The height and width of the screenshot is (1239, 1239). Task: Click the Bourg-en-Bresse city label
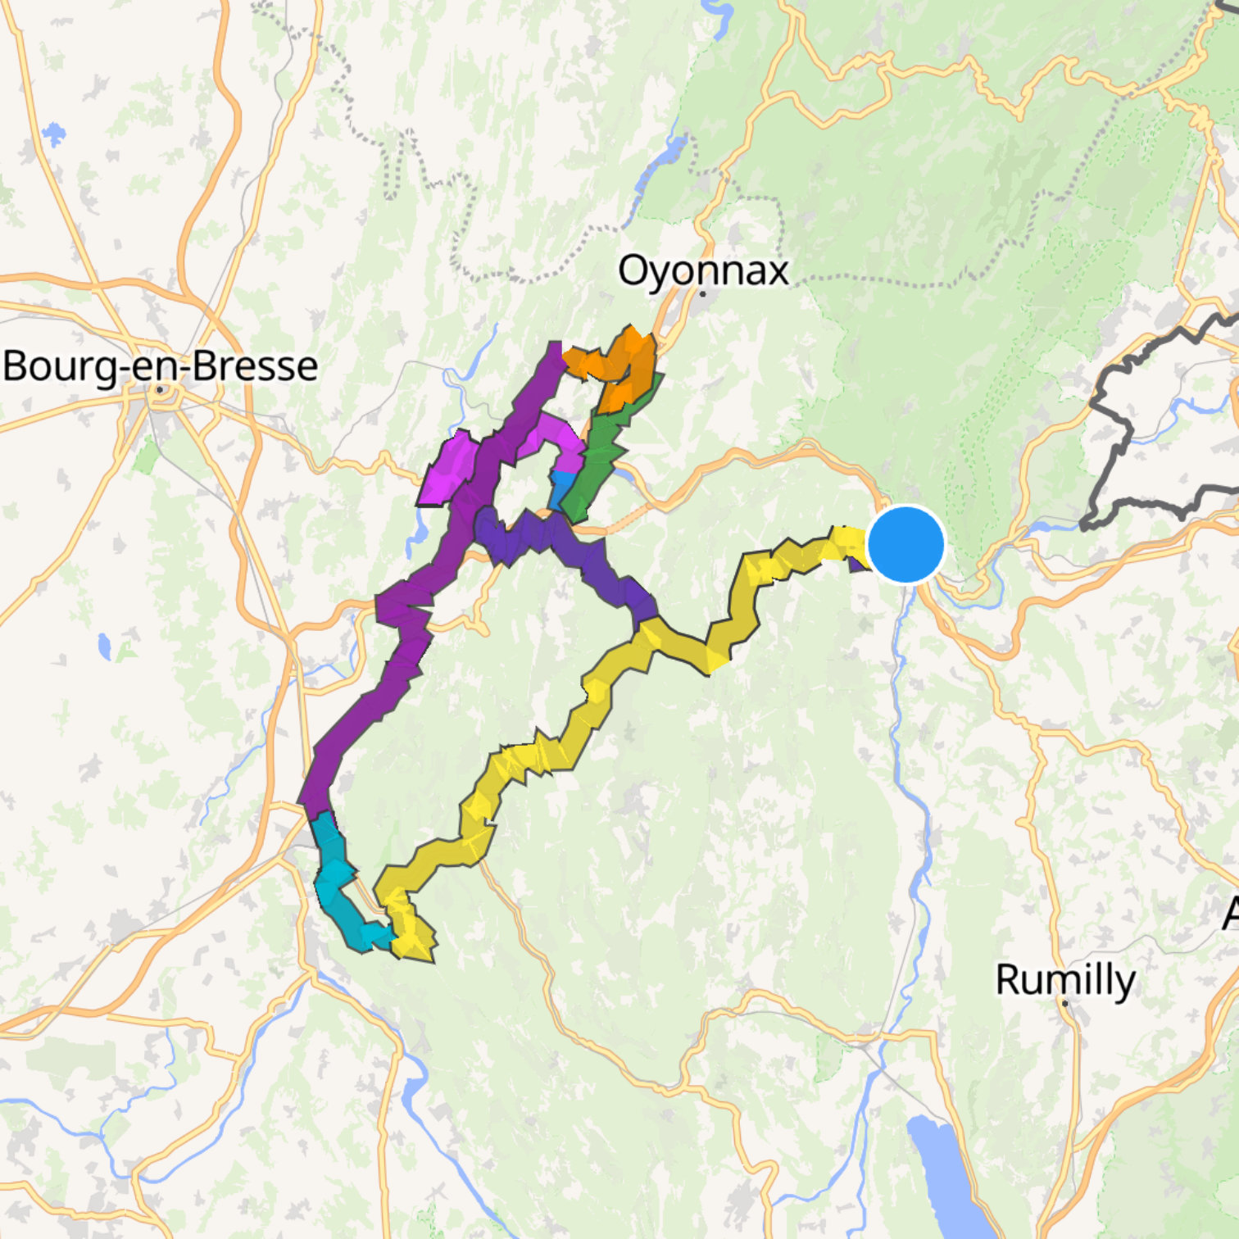161,366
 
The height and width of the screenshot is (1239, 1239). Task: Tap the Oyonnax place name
703,270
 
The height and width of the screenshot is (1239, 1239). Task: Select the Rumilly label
1065,979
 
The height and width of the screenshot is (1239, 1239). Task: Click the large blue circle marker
905,544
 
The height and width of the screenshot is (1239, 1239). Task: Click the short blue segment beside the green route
560,489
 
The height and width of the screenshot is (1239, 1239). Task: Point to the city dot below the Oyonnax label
703,293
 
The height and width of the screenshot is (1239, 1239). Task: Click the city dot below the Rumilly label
1064,1002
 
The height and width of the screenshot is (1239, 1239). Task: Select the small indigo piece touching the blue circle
857,563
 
